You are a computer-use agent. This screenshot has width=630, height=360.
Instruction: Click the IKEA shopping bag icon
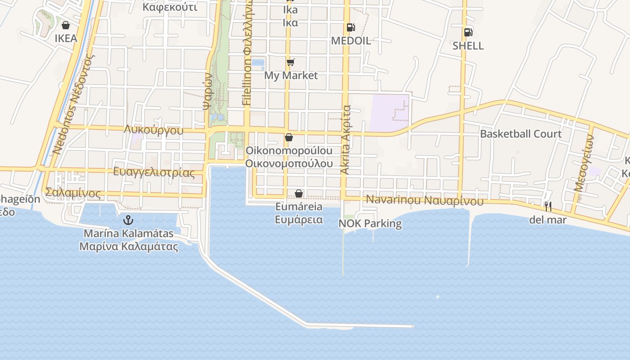[66, 25]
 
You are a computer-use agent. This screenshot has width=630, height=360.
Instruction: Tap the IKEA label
[66, 39]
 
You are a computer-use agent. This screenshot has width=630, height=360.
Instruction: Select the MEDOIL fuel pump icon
[351, 27]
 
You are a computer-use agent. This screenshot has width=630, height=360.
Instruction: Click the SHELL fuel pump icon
[468, 32]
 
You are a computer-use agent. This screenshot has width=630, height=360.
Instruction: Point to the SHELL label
[468, 46]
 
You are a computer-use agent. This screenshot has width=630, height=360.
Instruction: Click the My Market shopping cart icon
[291, 62]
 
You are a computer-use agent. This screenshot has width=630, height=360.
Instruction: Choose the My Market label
[291, 76]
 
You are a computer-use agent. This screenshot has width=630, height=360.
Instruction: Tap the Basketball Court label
[521, 134]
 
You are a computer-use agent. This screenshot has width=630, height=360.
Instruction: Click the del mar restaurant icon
[548, 207]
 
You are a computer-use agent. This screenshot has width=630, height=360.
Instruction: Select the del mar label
[548, 220]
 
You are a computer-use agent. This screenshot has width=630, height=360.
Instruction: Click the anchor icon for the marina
[128, 220]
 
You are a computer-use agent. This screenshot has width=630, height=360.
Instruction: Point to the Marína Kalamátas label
[128, 234]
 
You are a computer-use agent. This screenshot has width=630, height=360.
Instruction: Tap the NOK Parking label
[370, 224]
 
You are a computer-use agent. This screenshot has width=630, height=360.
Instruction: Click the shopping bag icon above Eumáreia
[299, 193]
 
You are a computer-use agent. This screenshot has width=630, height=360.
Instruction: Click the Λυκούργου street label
[154, 130]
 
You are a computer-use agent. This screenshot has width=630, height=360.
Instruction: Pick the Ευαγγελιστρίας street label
[154, 172]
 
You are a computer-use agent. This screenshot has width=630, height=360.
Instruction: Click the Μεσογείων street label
[585, 165]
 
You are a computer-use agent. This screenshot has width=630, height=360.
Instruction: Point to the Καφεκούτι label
[170, 7]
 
